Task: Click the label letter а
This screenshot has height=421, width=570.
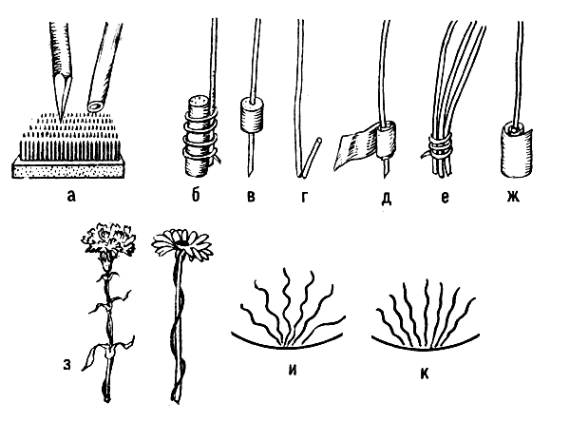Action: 71,197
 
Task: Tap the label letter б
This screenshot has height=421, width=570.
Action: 196,195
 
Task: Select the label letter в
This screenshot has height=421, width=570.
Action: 251,197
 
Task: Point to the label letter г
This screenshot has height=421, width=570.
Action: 305,197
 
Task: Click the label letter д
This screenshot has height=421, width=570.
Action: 386,198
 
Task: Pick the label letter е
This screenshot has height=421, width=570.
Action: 445,197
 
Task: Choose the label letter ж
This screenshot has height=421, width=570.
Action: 513,197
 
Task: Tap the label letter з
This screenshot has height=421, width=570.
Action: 66,365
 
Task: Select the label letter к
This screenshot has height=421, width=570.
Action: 425,374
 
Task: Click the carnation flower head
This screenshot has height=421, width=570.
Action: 108,239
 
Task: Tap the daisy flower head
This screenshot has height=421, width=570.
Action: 181,241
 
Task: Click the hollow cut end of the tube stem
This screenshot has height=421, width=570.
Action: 96,105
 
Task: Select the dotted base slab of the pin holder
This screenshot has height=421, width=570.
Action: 71,168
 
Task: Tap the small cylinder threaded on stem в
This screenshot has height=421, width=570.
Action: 251,114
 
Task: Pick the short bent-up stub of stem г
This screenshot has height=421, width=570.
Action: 311,156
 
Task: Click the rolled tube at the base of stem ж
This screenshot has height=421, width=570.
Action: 515,148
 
